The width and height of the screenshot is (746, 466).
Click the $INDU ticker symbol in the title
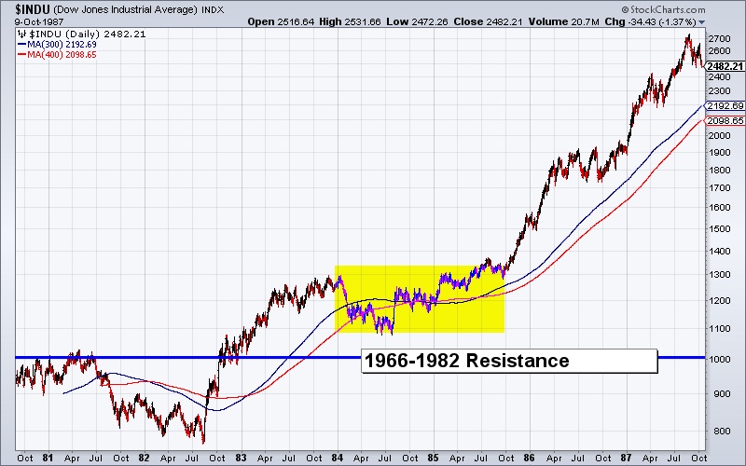pyautogui.click(x=20, y=7)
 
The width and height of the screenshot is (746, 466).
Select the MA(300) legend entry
pyautogui.click(x=48, y=44)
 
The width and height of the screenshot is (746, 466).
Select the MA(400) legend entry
pyautogui.click(x=48, y=55)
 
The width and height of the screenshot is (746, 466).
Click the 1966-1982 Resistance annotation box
pyautogui.click(x=508, y=361)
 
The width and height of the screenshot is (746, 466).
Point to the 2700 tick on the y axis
pyautogui.click(x=719, y=38)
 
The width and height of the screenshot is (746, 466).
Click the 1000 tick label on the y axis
pyautogui.click(x=719, y=358)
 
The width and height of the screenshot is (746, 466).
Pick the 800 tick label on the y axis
pyautogui.click(x=716, y=431)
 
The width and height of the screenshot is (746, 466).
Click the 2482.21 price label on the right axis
pyautogui.click(x=725, y=66)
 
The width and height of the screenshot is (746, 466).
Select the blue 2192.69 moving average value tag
pyautogui.click(x=725, y=106)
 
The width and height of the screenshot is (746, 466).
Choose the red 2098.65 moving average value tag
pyautogui.click(x=725, y=121)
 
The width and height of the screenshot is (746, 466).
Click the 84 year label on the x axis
pyautogui.click(x=336, y=458)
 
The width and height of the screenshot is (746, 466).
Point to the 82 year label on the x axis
pyautogui.click(x=143, y=458)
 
